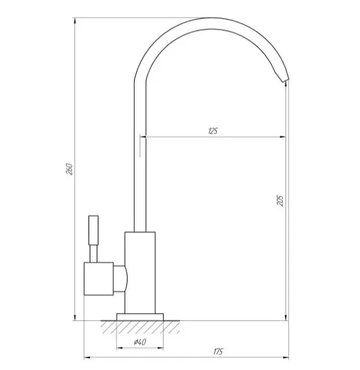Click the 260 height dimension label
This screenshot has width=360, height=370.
pyautogui.click(x=70, y=169)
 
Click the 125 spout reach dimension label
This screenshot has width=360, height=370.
pyautogui.click(x=213, y=131)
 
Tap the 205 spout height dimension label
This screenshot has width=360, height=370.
pyautogui.click(x=280, y=201)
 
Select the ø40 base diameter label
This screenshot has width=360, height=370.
pyautogui.click(x=140, y=342)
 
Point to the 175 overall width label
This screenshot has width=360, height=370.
pyautogui.click(x=218, y=351)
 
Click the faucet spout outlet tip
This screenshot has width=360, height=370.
pyautogui.click(x=285, y=81)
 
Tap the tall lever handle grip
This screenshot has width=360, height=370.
pyautogui.click(x=93, y=230)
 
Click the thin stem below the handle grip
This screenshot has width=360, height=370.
pyautogui.click(x=93, y=254)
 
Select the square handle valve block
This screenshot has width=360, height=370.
pyautogui.click(x=99, y=279)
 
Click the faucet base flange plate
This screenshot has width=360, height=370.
pyautogui.click(x=140, y=317)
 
